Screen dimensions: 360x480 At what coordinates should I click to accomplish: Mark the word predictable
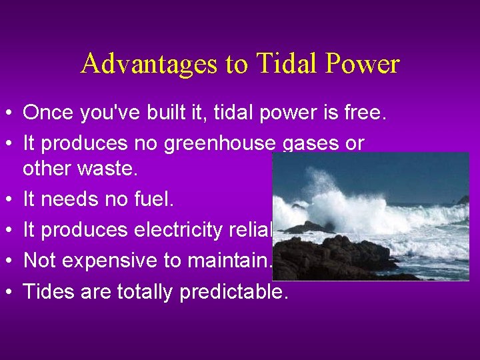pyautogui.click(x=234, y=291)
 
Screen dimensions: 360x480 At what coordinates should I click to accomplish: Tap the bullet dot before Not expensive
pyautogui.click(x=9, y=261)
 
